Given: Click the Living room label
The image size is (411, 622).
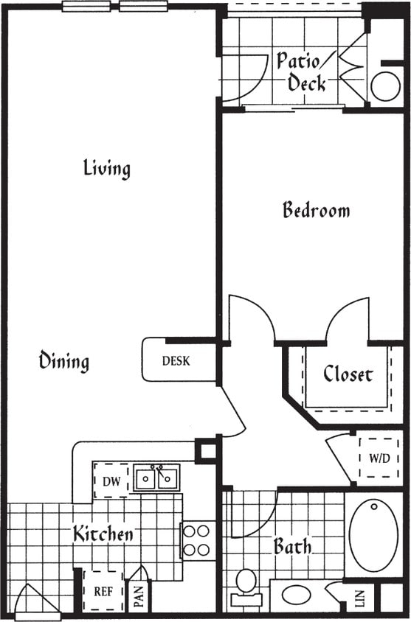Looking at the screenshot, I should click(x=107, y=169).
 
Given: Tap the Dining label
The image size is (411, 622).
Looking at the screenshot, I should click(x=64, y=361).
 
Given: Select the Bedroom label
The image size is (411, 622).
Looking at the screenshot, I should click(x=316, y=211).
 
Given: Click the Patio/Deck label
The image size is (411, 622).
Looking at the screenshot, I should click(x=303, y=71).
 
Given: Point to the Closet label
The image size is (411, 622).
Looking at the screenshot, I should click(x=348, y=374).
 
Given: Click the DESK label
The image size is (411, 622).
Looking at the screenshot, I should click(x=176, y=361).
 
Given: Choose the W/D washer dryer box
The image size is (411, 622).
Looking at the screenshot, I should click(x=379, y=458).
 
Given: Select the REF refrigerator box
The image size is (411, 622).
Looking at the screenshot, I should click(x=103, y=591).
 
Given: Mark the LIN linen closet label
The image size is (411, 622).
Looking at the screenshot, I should click(x=360, y=598).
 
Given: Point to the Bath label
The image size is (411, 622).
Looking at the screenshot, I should click(x=292, y=547).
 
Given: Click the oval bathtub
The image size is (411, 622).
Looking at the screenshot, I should click(x=373, y=534).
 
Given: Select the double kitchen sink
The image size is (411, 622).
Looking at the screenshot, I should click(x=156, y=478).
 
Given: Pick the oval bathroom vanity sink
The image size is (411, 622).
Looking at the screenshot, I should click(x=296, y=595).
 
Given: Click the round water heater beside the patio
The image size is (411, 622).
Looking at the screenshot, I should click(x=385, y=86).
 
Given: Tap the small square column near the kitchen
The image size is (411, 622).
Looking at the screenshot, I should click(x=206, y=450).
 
